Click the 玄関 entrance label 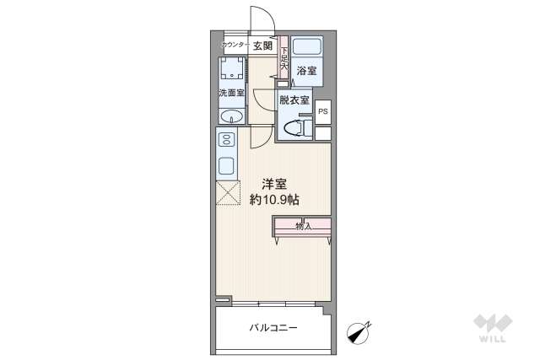click(262, 46)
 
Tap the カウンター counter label click(234, 46)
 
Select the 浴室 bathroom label click(306, 72)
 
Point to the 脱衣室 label click(294, 100)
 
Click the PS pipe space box click(324, 111)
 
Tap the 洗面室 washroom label click(230, 92)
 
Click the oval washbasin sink click(231, 117)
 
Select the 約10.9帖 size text click(273, 201)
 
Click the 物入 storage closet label click(303, 226)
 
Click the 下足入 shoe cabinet click(284, 60)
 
